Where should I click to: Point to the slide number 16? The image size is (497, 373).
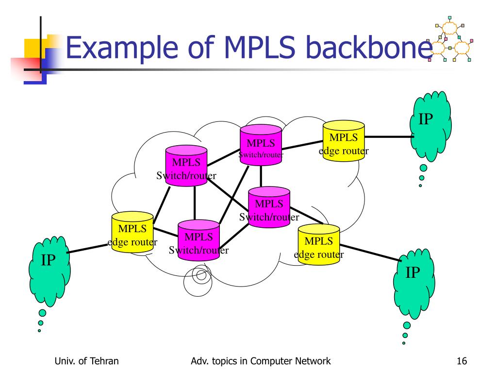point(462,361)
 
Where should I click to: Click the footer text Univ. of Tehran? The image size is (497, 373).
point(87,361)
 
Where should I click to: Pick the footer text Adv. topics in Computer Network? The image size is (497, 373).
point(261,361)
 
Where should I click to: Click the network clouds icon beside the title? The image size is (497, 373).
point(451,43)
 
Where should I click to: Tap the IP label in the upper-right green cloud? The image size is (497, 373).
point(426,119)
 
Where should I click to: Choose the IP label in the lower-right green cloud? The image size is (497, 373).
point(413,273)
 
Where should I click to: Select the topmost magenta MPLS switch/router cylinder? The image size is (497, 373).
point(261,145)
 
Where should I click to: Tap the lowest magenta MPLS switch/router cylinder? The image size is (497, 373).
point(199,241)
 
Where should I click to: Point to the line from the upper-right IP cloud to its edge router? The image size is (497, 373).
point(388,137)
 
